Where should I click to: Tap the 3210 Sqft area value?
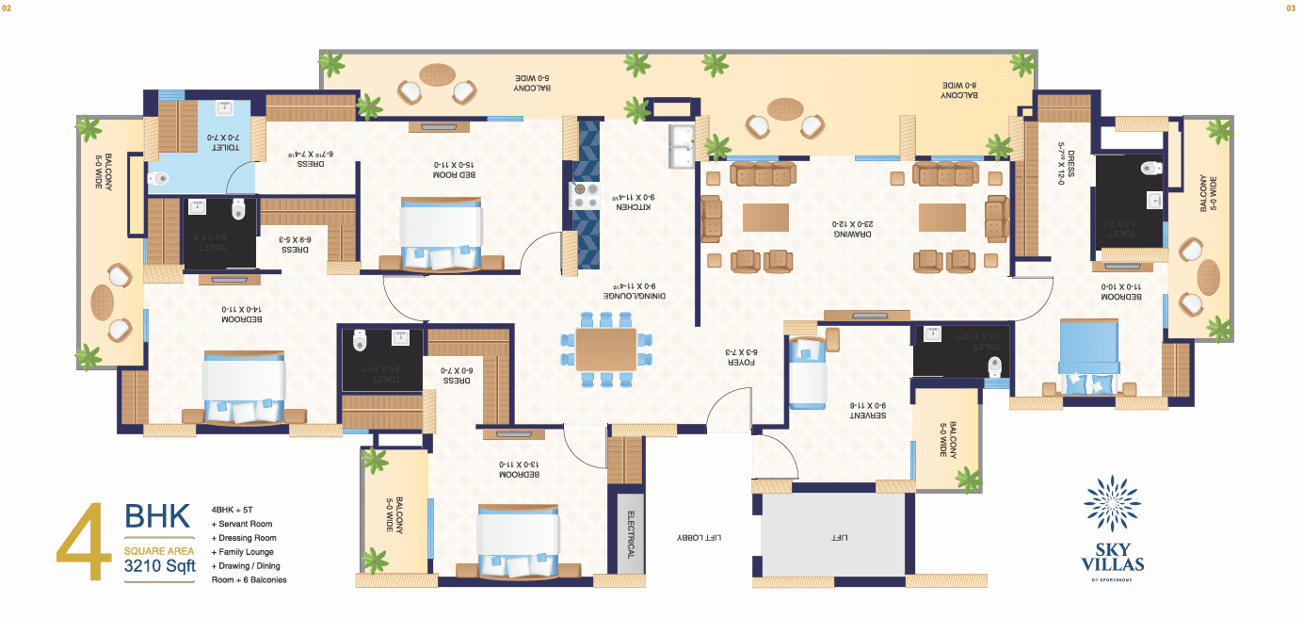coord(160,567)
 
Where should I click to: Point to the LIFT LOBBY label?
coord(699,537)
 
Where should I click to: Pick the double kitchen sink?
coord(682,141)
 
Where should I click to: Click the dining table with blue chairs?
coord(606,349)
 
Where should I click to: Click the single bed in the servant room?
coord(807,373)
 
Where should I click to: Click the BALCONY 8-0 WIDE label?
coord(959,89)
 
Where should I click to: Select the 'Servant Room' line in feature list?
coord(244,524)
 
